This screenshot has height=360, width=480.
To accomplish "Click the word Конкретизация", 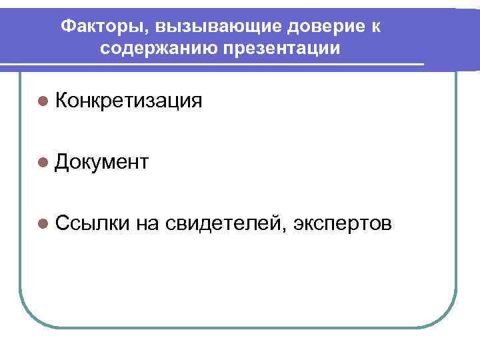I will point(129,101).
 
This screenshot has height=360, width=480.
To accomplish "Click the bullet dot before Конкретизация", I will point(44,101).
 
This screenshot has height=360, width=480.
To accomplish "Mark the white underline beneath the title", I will point(213,65).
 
